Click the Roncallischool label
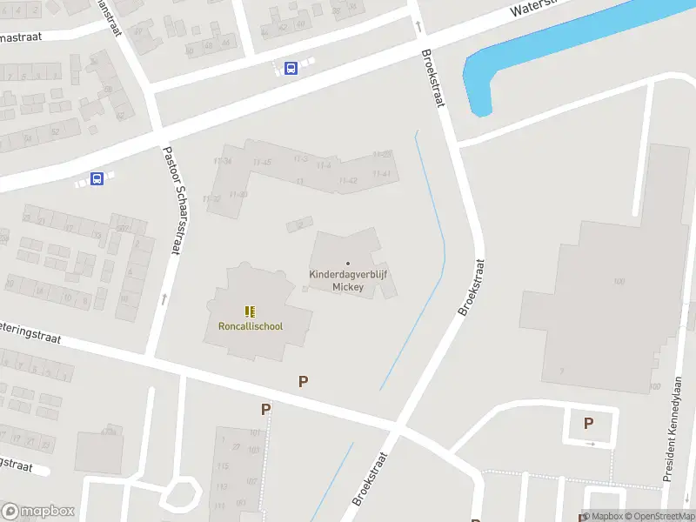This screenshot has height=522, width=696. pyautogui.click(x=250, y=327)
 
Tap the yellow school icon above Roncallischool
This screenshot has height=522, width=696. pyautogui.click(x=250, y=311)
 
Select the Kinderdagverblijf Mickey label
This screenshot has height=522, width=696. pyautogui.click(x=348, y=280)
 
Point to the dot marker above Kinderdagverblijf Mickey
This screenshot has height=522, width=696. pyautogui.click(x=348, y=263)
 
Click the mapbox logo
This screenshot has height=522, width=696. pyautogui.click(x=37, y=512)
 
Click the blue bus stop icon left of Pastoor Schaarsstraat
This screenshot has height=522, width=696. pyautogui.click(x=97, y=179)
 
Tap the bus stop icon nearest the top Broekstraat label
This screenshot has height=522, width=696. pyautogui.click(x=291, y=68)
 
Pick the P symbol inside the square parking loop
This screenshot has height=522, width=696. pyautogui.click(x=589, y=424)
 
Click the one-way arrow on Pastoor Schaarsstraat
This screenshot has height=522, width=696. pyautogui.click(x=164, y=299)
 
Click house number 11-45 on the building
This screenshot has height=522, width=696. pyautogui.click(x=262, y=163)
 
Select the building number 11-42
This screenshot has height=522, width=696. pyautogui.click(x=348, y=181)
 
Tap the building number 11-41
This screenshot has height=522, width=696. pyautogui.click(x=381, y=175)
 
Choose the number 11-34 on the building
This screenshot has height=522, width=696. pyautogui.click(x=223, y=162)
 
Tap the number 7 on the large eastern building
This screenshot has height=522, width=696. pyautogui.click(x=561, y=371)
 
